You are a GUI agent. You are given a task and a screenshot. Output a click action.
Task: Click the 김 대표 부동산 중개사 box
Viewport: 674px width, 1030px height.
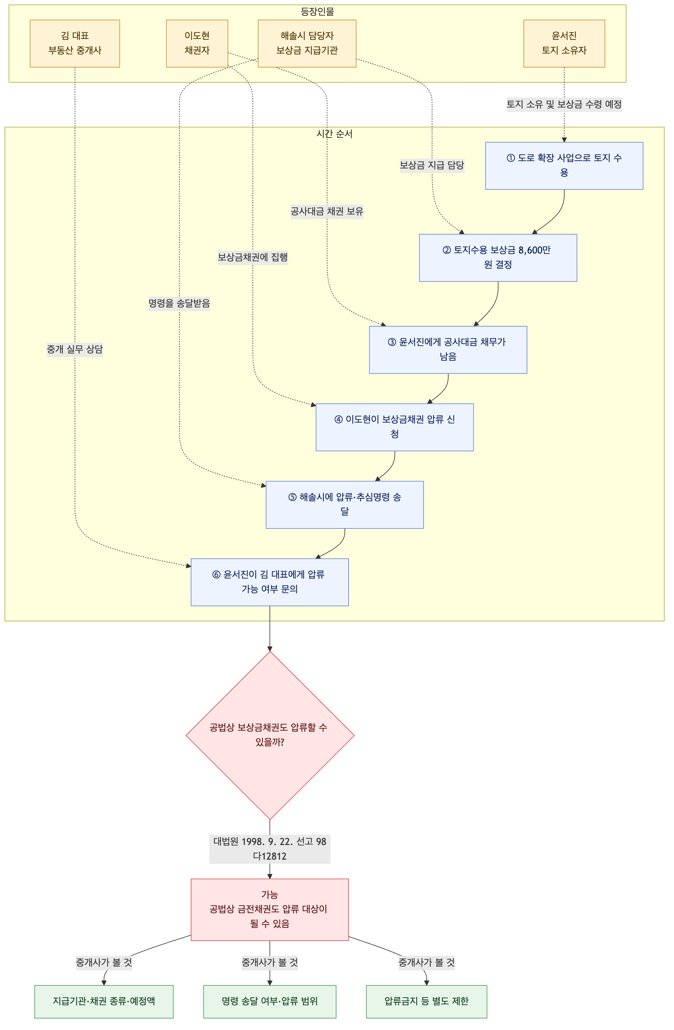(x=75, y=43)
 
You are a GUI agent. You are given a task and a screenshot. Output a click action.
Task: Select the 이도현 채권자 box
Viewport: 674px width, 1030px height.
(x=197, y=43)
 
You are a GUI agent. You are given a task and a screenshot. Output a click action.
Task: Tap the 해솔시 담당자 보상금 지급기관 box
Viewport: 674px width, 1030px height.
(x=307, y=43)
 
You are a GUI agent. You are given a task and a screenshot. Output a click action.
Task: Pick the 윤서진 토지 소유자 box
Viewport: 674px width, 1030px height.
(x=564, y=43)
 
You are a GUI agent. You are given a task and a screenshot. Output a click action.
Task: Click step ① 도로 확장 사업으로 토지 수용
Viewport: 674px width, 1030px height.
(x=564, y=166)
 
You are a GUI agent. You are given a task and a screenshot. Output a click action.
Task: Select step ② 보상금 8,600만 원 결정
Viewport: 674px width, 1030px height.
(x=498, y=258)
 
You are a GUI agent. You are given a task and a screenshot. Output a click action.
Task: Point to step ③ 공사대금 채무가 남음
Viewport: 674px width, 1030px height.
(x=448, y=350)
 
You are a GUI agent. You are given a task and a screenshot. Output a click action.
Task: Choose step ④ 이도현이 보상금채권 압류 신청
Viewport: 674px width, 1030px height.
(x=395, y=427)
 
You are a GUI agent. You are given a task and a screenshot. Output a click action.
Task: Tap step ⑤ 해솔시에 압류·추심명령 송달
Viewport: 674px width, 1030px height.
(x=345, y=505)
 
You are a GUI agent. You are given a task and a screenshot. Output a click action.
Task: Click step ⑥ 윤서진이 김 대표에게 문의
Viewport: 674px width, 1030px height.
(x=270, y=582)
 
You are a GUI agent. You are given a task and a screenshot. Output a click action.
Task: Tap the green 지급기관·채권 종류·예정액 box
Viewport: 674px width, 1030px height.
(x=104, y=1001)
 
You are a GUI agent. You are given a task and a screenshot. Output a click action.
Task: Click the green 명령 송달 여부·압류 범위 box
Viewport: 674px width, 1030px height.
(x=270, y=1001)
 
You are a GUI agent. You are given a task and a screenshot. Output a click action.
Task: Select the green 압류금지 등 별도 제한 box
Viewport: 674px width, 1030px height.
(x=427, y=1001)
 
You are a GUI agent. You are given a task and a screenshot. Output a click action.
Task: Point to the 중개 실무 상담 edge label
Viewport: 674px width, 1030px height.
(x=75, y=349)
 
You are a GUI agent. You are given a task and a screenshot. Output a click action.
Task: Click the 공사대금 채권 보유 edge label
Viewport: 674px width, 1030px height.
(x=327, y=211)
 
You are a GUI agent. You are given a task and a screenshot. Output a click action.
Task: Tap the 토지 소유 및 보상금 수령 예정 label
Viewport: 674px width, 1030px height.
(x=564, y=104)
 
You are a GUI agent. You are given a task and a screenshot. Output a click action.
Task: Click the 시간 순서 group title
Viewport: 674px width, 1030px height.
(x=334, y=134)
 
